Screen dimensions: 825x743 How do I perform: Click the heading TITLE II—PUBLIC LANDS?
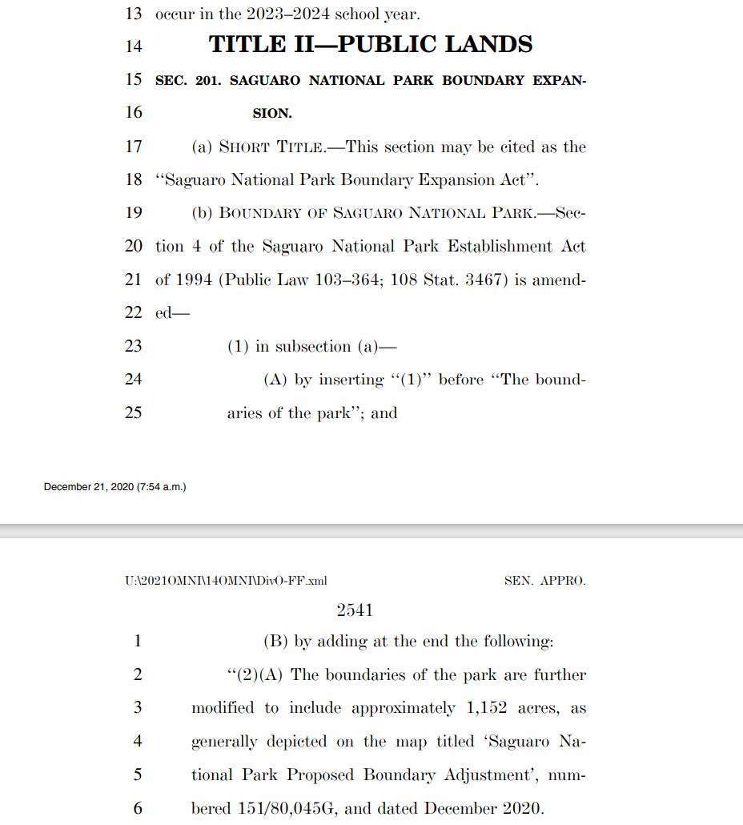pos(371,45)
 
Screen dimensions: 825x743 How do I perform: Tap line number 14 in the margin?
pos(134,46)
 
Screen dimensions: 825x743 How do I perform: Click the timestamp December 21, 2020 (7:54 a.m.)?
pos(115,486)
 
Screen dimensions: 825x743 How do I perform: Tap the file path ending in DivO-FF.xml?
pos(225,581)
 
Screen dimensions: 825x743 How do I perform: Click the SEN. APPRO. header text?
pos(544,581)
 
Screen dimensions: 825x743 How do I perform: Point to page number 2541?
pos(355,610)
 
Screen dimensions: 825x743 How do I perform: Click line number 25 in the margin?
pos(134,413)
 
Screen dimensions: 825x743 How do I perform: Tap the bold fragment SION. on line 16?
pos(272,114)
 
